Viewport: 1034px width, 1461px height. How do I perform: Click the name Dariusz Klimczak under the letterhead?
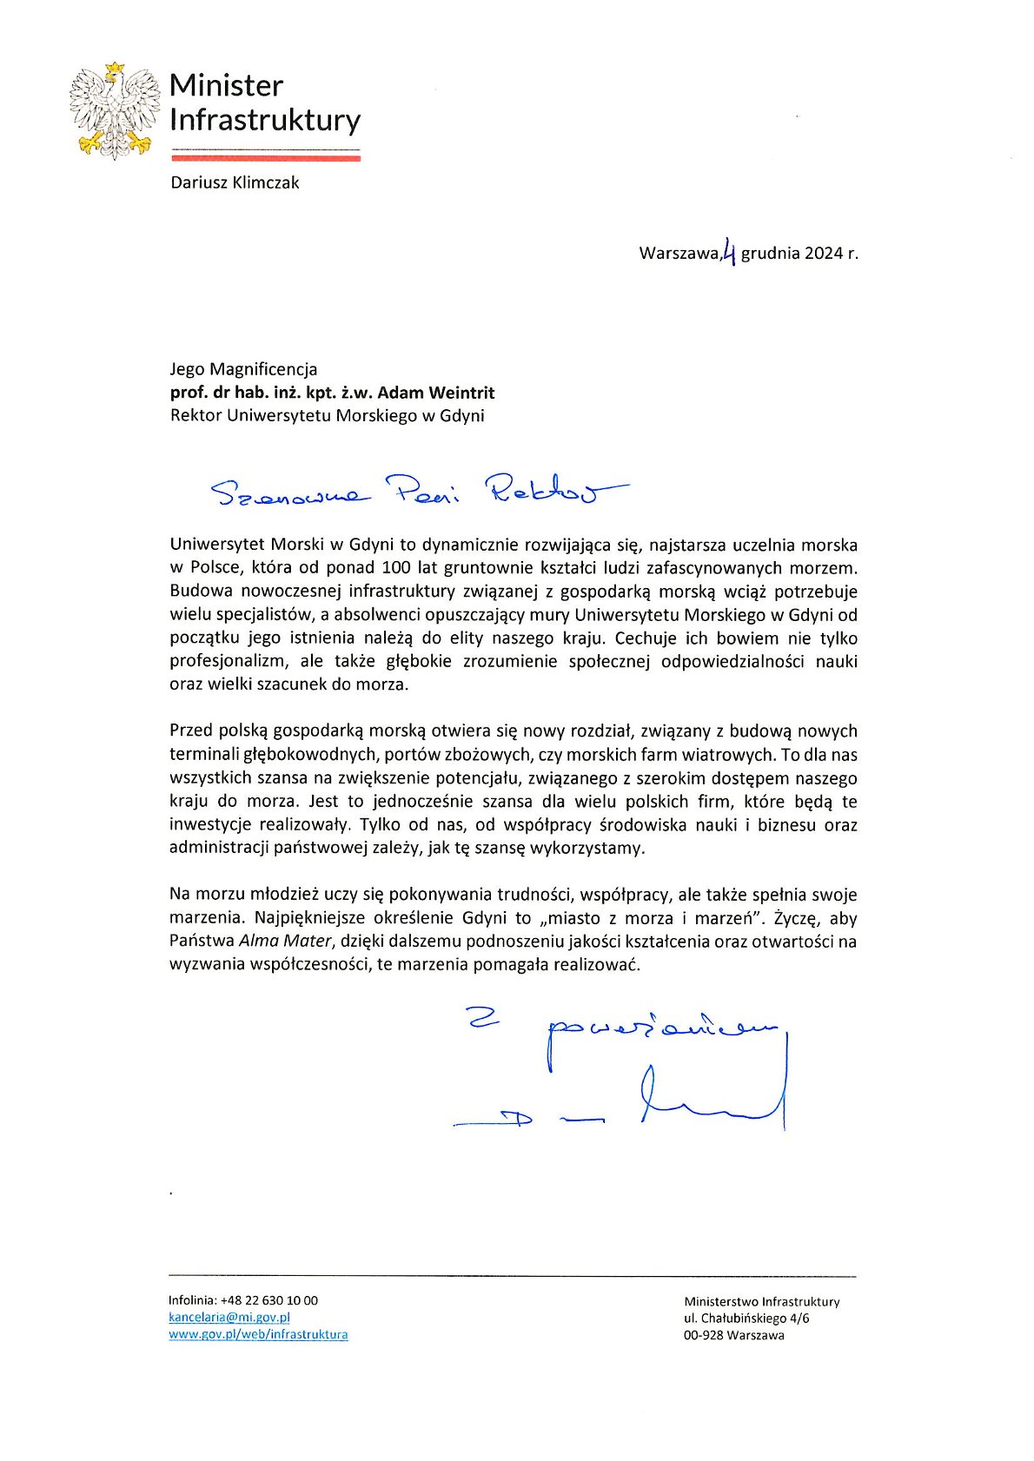pyautogui.click(x=235, y=182)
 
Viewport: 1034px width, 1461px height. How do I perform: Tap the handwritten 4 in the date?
pyautogui.click(x=730, y=252)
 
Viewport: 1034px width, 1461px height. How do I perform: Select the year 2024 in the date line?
pyautogui.click(x=823, y=254)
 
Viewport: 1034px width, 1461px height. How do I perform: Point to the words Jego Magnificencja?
pyautogui.click(x=243, y=369)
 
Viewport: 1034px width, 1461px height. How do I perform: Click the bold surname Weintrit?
pyautogui.click(x=461, y=393)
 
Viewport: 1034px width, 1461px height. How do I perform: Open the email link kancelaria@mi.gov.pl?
pyautogui.click(x=229, y=1318)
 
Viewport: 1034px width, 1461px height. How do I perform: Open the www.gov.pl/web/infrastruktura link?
pyautogui.click(x=258, y=1335)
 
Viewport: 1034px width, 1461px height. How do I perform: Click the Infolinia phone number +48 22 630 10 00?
pyautogui.click(x=269, y=1301)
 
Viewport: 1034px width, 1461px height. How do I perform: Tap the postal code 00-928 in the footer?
pyautogui.click(x=705, y=1336)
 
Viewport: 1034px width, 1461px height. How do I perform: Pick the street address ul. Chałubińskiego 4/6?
pyautogui.click(x=746, y=1319)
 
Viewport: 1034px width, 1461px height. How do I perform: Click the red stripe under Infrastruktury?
pyautogui.click(x=266, y=158)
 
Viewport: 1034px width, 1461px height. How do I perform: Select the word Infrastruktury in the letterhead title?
pyautogui.click(x=265, y=120)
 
